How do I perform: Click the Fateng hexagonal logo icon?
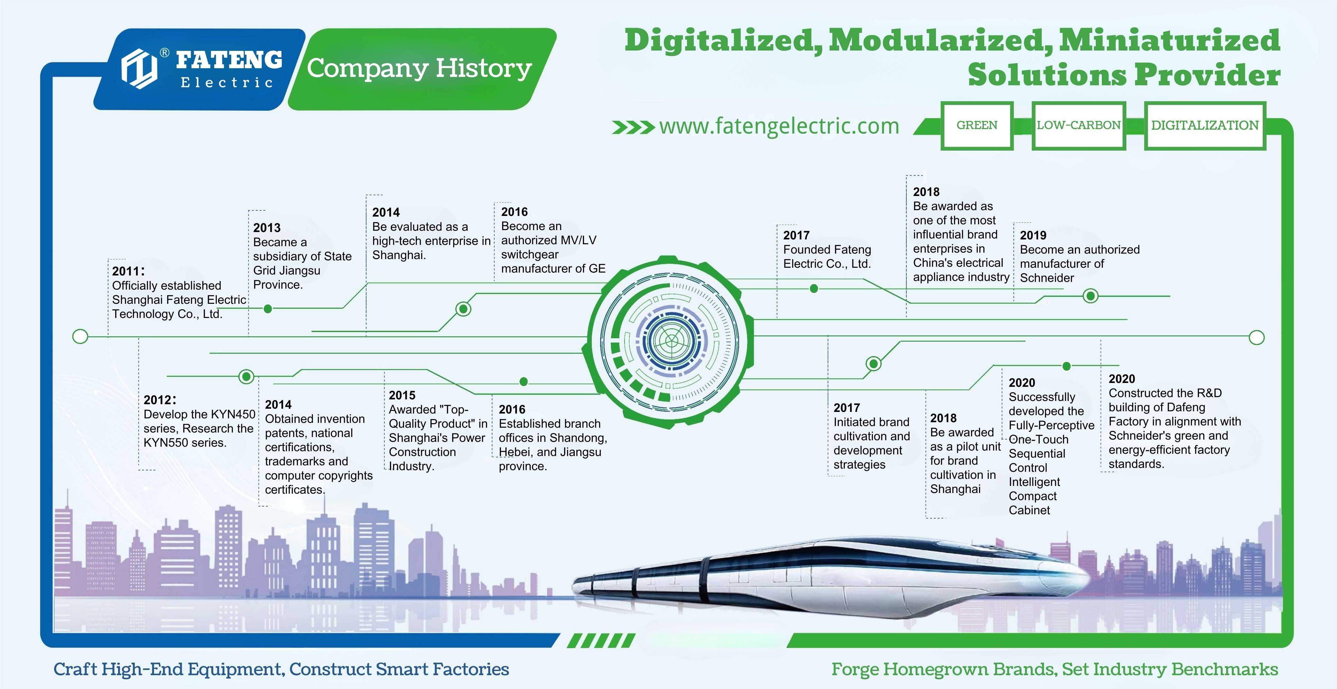(x=139, y=69)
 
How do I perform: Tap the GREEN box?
(x=977, y=126)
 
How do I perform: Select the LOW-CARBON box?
(x=1078, y=126)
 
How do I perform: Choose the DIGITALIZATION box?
(x=1204, y=126)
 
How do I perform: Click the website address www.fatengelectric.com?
(x=779, y=126)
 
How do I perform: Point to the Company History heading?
(x=419, y=69)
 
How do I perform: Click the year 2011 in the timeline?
(x=126, y=271)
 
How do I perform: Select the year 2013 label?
(x=267, y=228)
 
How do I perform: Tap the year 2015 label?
(x=402, y=395)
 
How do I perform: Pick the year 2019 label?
(x=1033, y=235)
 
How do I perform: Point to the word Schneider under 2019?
(x=1047, y=278)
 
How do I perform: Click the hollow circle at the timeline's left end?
(x=80, y=336)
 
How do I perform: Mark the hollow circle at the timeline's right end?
(x=1257, y=338)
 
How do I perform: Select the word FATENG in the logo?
(x=229, y=60)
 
